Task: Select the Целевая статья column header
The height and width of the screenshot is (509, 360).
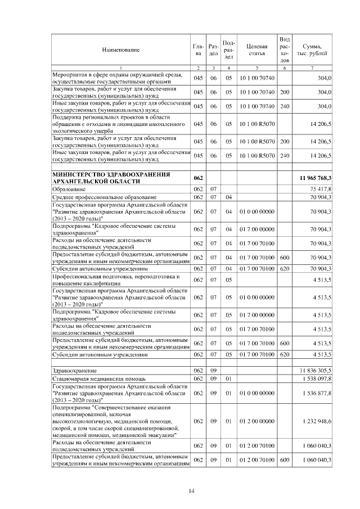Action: (256, 50)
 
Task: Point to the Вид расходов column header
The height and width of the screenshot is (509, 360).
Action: (285, 49)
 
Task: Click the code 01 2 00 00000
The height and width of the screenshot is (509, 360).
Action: (256, 421)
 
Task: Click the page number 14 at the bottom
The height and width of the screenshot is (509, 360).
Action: (191, 491)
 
